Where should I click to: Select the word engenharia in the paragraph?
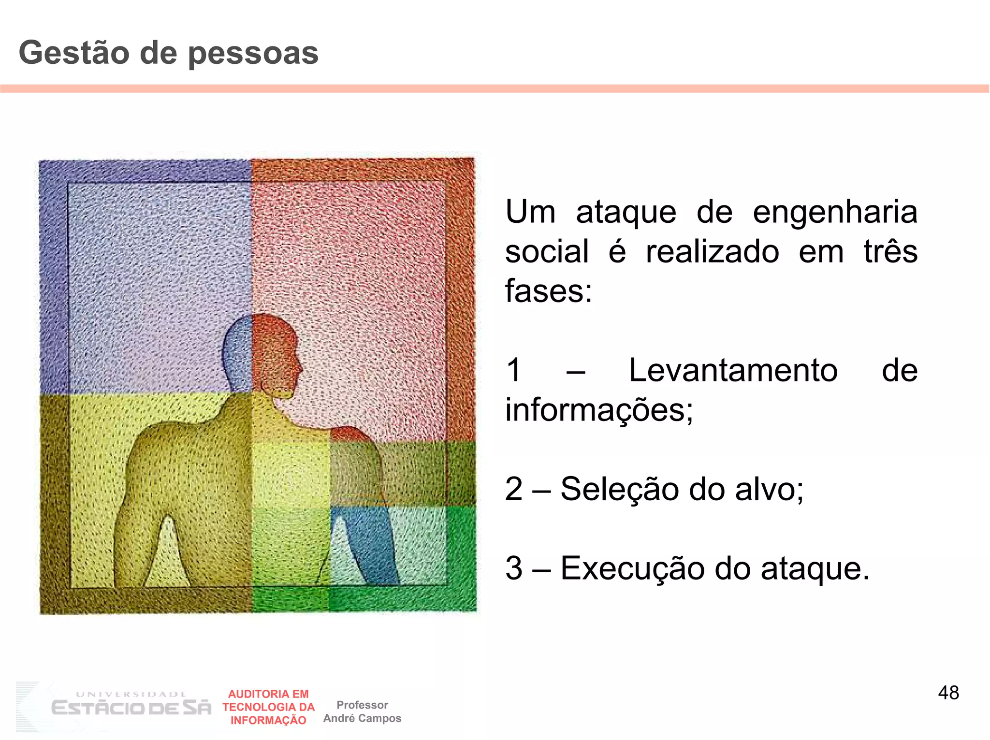(x=835, y=213)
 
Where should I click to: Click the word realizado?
(x=712, y=252)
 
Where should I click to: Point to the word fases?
(x=548, y=291)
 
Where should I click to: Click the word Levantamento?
(x=733, y=371)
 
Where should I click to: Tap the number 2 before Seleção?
(x=514, y=489)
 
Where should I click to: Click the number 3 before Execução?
(x=514, y=568)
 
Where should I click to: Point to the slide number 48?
(x=948, y=693)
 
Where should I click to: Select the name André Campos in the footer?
(x=362, y=719)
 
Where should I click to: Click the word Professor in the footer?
(x=362, y=705)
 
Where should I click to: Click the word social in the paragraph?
(x=547, y=252)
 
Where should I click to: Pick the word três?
(x=890, y=252)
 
